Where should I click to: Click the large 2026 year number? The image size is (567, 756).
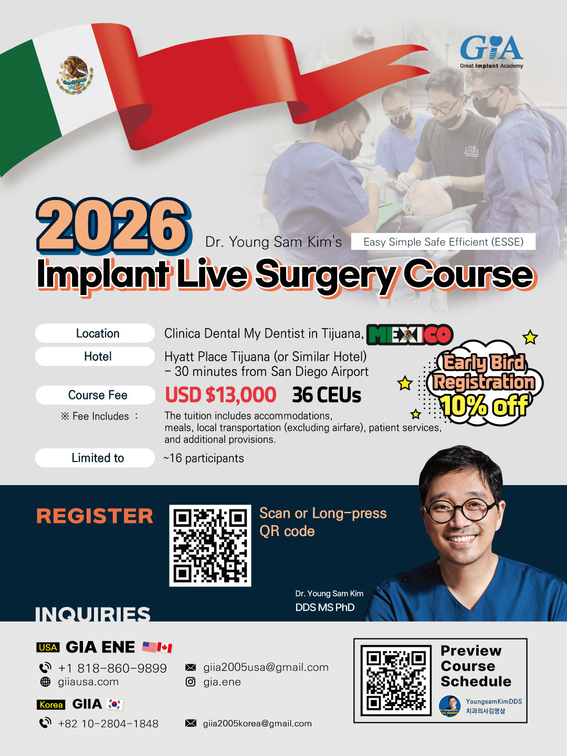[113, 225]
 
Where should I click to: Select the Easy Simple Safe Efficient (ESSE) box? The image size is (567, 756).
[443, 242]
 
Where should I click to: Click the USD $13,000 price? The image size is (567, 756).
[220, 395]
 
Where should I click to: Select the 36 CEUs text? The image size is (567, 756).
[327, 395]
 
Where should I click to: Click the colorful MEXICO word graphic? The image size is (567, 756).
[409, 334]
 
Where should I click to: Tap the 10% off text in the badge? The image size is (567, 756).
[484, 405]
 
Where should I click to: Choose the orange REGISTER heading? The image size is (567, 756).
[94, 516]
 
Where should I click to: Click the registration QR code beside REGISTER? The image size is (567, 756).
[210, 545]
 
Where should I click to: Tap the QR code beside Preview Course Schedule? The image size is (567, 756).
[396, 680]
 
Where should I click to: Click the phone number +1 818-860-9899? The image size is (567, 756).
[112, 668]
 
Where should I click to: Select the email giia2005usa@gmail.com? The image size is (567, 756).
[266, 667]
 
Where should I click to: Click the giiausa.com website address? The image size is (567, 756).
[88, 682]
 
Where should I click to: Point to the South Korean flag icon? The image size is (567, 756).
[114, 704]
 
